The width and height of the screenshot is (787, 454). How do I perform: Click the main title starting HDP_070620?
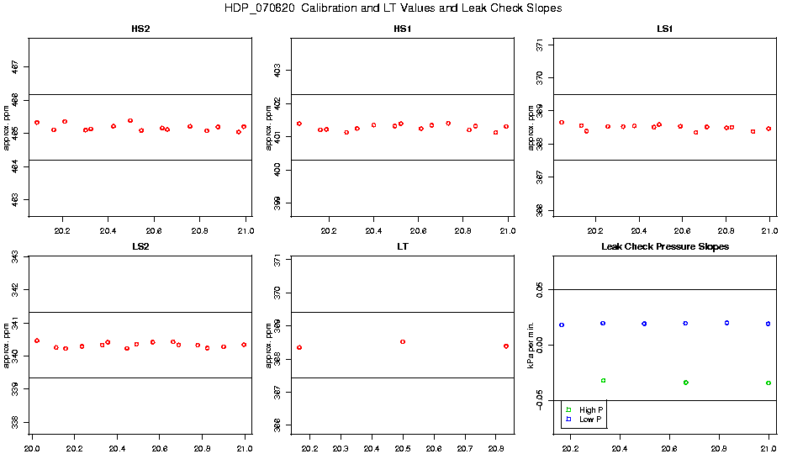pyautogui.click(x=393, y=8)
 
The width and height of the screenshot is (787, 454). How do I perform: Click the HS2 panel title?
pyautogui.click(x=141, y=29)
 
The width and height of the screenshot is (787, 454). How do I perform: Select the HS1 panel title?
pyautogui.click(x=403, y=29)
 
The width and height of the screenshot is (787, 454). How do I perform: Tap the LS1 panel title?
pyautogui.click(x=664, y=29)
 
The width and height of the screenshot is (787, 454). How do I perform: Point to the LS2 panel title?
pyautogui.click(x=141, y=246)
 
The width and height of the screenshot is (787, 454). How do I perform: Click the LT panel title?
pyautogui.click(x=403, y=246)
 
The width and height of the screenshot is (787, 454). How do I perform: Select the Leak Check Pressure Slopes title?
pyautogui.click(x=664, y=246)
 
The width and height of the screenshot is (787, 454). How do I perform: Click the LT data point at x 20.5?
pyautogui.click(x=403, y=341)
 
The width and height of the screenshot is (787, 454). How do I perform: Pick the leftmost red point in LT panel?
pyautogui.click(x=299, y=347)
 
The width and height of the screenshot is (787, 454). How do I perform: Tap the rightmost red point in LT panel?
pyautogui.click(x=506, y=346)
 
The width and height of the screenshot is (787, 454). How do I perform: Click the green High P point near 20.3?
pyautogui.click(x=603, y=380)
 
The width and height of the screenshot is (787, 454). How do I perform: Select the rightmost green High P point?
pyautogui.click(x=769, y=383)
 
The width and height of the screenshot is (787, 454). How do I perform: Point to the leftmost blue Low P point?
pyautogui.click(x=562, y=325)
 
